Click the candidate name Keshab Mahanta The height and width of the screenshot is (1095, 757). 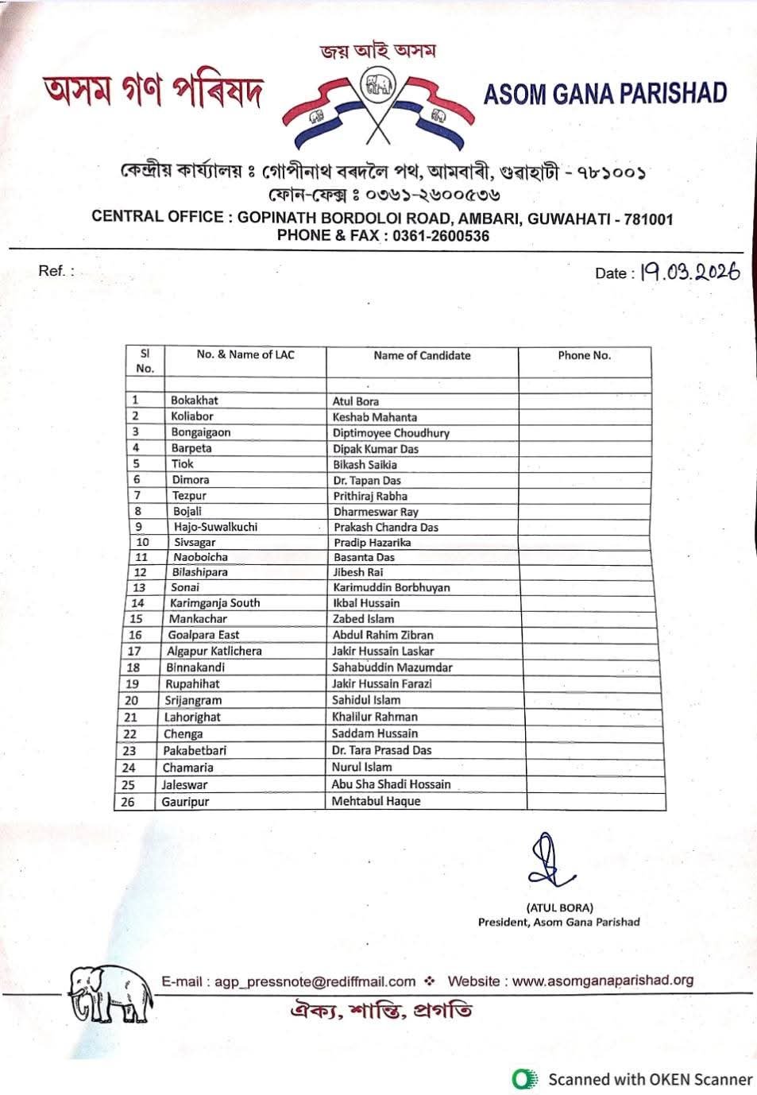374,416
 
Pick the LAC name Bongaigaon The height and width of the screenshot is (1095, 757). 201,432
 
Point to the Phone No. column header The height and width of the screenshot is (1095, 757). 584,355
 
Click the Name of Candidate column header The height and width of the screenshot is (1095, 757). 422,355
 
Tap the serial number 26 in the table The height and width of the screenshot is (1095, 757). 128,802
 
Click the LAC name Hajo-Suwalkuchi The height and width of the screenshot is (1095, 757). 215,527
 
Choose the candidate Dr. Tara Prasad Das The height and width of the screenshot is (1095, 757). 381,750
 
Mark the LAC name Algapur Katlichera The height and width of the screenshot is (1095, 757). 214,651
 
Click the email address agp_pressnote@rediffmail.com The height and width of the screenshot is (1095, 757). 315,981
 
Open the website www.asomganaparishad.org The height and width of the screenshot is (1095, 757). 603,981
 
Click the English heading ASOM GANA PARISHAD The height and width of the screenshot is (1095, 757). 605,95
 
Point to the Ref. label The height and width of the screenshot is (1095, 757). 56,271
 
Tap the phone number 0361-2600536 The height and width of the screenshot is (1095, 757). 441,235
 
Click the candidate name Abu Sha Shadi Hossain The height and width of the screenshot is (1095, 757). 391,784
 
